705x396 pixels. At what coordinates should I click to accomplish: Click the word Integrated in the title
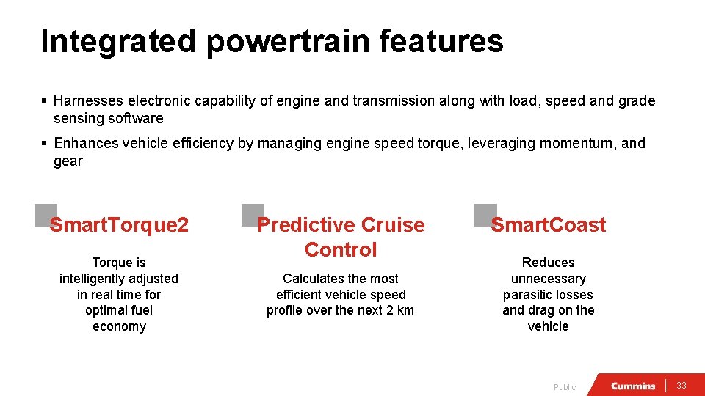tap(118, 41)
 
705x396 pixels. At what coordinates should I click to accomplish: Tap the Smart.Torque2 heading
tap(119, 225)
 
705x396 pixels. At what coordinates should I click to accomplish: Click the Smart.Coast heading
tap(549, 225)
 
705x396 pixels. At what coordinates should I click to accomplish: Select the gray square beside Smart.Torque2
tap(45, 215)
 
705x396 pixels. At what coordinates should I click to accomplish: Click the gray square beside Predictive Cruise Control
tap(253, 215)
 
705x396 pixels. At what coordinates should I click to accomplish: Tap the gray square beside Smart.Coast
tap(485, 215)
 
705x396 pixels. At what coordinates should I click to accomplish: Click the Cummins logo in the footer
tap(633, 386)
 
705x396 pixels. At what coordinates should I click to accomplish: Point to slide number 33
tap(681, 386)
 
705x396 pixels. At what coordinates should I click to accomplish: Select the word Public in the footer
tap(565, 387)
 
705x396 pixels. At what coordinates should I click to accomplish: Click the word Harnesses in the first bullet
tap(87, 101)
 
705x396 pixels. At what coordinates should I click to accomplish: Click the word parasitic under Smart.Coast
tap(529, 295)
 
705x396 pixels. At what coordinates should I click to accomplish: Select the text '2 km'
tap(400, 310)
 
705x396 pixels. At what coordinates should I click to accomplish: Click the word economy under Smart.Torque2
tap(119, 327)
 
